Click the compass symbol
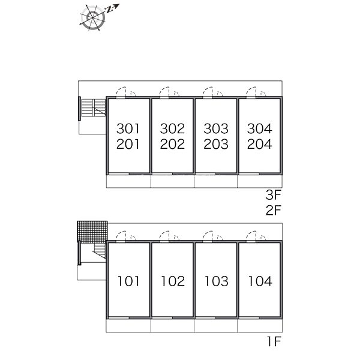(x=93, y=17)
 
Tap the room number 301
(x=128, y=128)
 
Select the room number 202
(x=172, y=144)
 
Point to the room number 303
(x=216, y=128)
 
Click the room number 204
(x=259, y=144)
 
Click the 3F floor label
(x=274, y=195)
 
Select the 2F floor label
(x=274, y=210)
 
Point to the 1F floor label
(x=274, y=341)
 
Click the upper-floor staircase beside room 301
(x=94, y=107)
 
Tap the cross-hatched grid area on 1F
(x=92, y=232)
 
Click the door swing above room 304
(x=256, y=92)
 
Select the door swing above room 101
(x=125, y=236)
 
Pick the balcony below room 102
(x=172, y=326)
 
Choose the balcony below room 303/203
(x=216, y=181)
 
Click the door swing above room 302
(x=169, y=92)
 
